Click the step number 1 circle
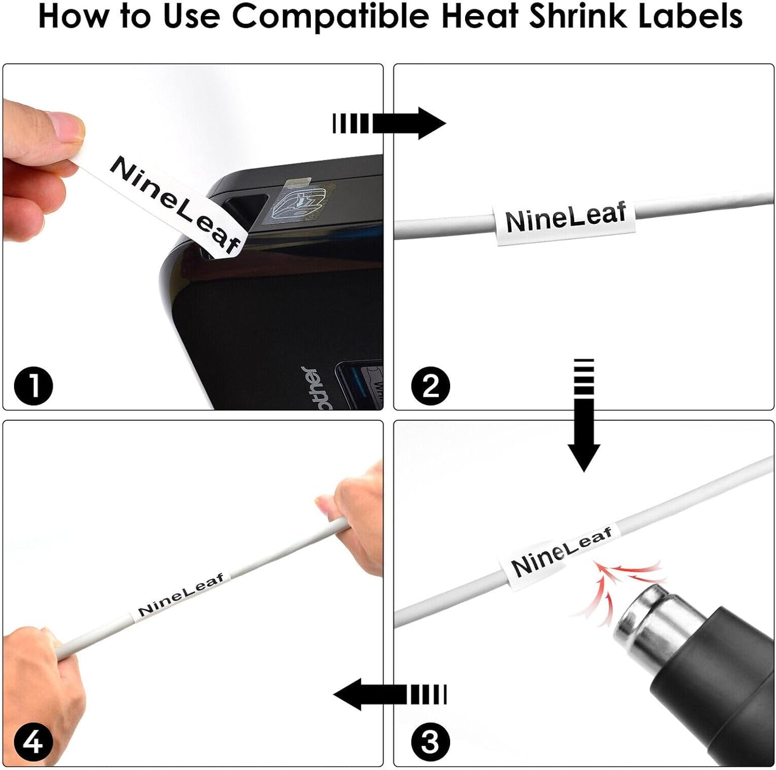click(33, 386)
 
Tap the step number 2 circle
click(430, 386)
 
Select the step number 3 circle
click(430, 743)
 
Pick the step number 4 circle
click(33, 743)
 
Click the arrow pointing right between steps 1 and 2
click(389, 124)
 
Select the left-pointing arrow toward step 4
click(389, 694)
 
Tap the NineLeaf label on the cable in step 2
click(565, 218)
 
